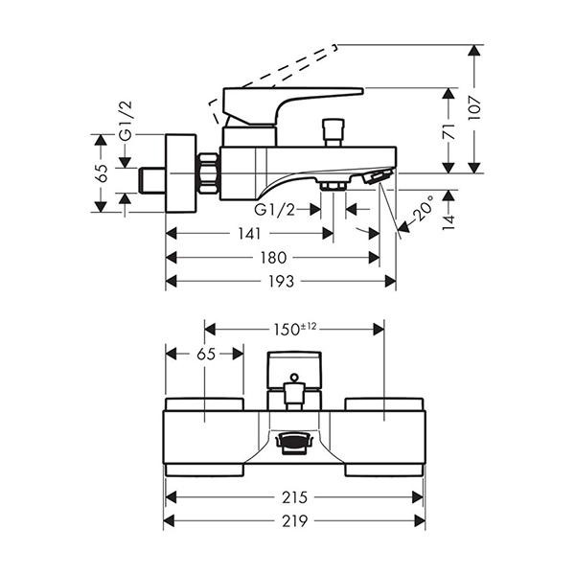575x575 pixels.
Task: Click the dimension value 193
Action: (281, 281)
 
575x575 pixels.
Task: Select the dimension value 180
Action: (274, 257)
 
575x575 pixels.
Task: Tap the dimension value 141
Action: (249, 233)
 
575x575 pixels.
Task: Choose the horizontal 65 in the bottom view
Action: (205, 354)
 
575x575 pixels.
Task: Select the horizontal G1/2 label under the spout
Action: (275, 209)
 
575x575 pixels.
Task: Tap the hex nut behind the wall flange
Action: (208, 173)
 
